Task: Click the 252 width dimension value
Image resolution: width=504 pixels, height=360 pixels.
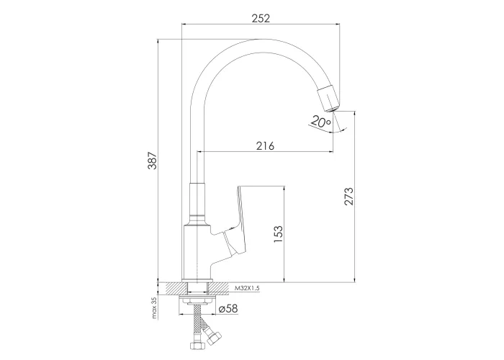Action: (261, 18)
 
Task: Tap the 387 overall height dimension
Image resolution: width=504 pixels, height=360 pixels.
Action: (153, 160)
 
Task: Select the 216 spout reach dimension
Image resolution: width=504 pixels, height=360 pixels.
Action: (266, 145)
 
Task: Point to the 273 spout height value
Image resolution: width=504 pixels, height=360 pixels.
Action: (348, 196)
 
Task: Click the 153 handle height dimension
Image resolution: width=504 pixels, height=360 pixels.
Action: (279, 234)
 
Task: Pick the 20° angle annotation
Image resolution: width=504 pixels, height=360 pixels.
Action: (321, 122)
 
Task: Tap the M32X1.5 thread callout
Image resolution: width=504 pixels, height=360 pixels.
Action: (247, 288)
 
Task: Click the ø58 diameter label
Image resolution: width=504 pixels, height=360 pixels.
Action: (228, 309)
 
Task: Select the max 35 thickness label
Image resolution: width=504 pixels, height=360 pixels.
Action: (154, 308)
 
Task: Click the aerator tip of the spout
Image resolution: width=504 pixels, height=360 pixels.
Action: (328, 99)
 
